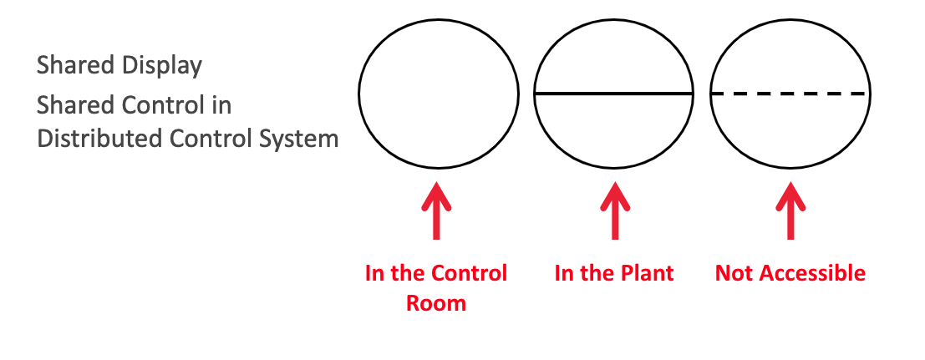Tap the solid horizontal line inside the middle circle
click(614, 94)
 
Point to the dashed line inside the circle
click(790, 94)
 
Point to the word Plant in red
click(644, 273)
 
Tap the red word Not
click(733, 273)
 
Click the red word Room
click(436, 302)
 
